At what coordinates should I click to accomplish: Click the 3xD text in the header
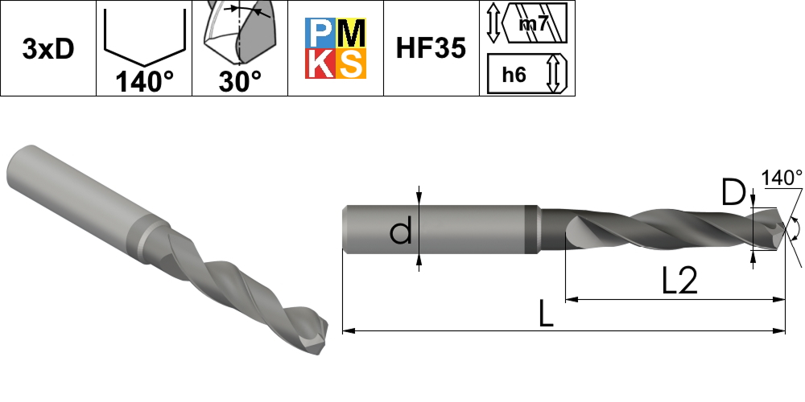tap(48, 49)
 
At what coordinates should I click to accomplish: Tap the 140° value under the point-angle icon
tap(144, 81)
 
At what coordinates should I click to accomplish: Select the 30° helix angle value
tap(240, 81)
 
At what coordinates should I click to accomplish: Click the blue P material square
tap(321, 33)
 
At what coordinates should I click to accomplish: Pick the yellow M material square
tap(352, 33)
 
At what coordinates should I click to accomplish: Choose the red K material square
tap(321, 64)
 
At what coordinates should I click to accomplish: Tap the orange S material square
tap(352, 64)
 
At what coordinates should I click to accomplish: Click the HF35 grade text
tap(431, 48)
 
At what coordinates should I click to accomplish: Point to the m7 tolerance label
tap(534, 24)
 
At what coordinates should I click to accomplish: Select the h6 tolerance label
tap(514, 75)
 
